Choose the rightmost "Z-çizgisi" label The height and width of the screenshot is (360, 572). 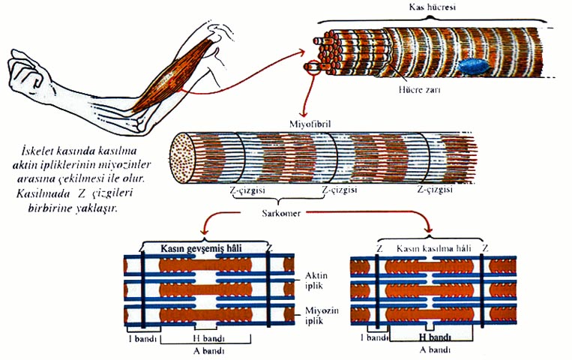point(436,190)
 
